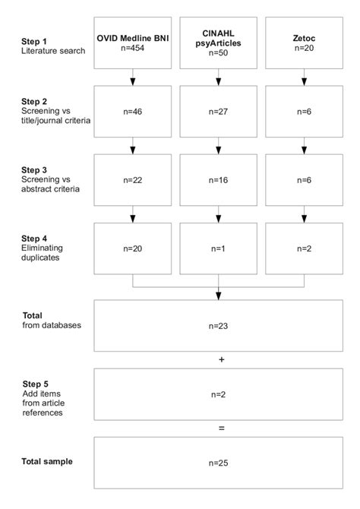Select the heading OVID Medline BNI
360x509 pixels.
point(133,36)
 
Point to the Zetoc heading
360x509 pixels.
point(305,36)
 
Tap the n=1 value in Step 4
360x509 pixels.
point(219,248)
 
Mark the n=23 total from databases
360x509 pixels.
point(219,326)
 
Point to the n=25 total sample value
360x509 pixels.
point(219,462)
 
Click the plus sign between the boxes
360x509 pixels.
point(221,359)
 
